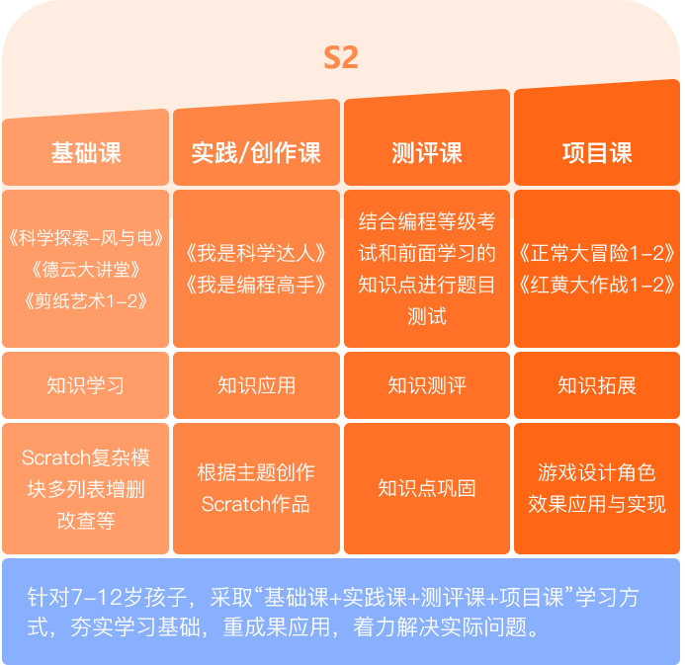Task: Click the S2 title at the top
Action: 341,57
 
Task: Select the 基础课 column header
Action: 86,153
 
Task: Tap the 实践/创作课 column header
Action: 256,153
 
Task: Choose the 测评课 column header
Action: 427,153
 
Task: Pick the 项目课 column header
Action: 597,153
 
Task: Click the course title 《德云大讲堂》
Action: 86,270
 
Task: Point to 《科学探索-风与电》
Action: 86,238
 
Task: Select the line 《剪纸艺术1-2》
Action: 86,301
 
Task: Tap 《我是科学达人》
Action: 256,253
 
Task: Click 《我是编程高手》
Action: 256,286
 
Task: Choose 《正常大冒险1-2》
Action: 597,253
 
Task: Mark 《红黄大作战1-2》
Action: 597,286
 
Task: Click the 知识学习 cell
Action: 86,385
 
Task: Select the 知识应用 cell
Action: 256,385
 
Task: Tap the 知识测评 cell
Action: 427,385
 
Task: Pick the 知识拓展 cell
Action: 597,385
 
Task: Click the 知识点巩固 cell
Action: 427,488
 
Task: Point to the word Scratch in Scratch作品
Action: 236,504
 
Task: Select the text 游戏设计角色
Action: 597,472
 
